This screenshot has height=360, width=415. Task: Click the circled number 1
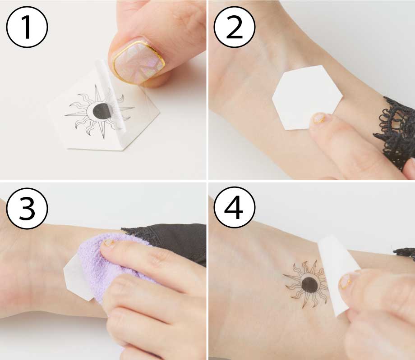pos(27,27)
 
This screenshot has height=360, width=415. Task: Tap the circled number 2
pos(235,27)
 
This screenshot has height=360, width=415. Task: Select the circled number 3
pos(27,208)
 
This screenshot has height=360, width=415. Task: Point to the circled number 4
pos(235,208)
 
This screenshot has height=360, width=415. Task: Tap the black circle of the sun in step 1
pos(102,111)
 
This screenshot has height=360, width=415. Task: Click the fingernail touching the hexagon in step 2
pos(319,118)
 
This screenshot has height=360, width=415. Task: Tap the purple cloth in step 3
pos(116,267)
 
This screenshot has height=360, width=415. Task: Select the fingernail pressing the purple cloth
pos(109,243)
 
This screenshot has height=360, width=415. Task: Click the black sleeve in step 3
pos(172,241)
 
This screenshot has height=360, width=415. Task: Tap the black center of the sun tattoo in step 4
pos(310,285)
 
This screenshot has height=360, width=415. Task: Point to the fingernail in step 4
pos(346,282)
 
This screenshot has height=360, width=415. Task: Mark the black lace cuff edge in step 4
pos(405,252)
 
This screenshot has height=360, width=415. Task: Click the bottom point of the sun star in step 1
pos(104,139)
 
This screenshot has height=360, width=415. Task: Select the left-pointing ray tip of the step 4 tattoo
pos(283,275)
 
